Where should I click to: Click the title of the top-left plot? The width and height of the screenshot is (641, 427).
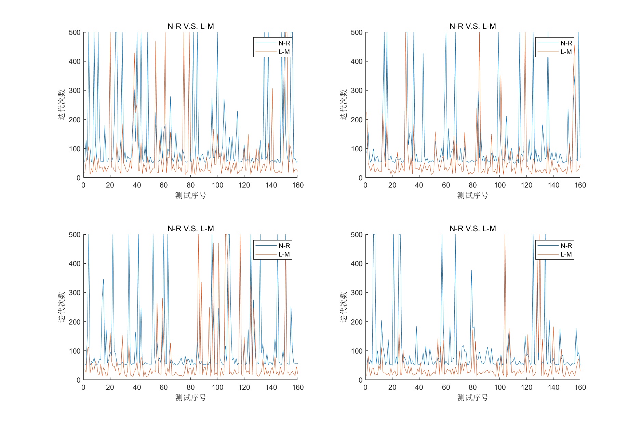(x=190, y=26)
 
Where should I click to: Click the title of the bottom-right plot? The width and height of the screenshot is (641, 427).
(x=472, y=229)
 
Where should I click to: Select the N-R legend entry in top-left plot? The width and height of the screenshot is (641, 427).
(x=284, y=43)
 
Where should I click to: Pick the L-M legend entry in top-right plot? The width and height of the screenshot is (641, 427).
(x=566, y=52)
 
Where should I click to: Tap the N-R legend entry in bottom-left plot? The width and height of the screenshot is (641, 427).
(x=284, y=246)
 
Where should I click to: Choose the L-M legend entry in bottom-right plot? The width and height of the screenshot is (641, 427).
(x=566, y=254)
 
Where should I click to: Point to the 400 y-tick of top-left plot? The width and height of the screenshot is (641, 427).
(x=75, y=61)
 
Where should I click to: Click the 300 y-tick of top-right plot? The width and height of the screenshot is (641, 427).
(x=357, y=91)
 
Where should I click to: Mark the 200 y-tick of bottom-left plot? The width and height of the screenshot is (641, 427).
(x=75, y=322)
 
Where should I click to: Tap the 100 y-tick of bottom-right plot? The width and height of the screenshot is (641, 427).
(x=357, y=351)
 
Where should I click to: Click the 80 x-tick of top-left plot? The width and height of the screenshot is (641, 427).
(x=190, y=185)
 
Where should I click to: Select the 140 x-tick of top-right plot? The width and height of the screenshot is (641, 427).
(x=553, y=185)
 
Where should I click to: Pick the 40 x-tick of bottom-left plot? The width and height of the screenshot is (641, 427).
(x=137, y=387)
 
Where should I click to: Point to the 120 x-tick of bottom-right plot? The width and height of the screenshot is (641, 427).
(x=526, y=387)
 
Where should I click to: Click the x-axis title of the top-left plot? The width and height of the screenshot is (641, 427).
(x=190, y=195)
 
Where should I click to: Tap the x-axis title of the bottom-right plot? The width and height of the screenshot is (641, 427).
(x=472, y=398)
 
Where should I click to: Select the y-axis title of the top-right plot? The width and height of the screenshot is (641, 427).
(x=344, y=105)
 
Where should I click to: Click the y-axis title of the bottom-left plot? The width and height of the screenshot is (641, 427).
(x=62, y=307)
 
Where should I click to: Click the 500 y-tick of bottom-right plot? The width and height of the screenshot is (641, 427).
(x=357, y=235)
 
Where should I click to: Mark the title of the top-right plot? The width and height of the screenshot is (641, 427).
(x=472, y=26)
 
